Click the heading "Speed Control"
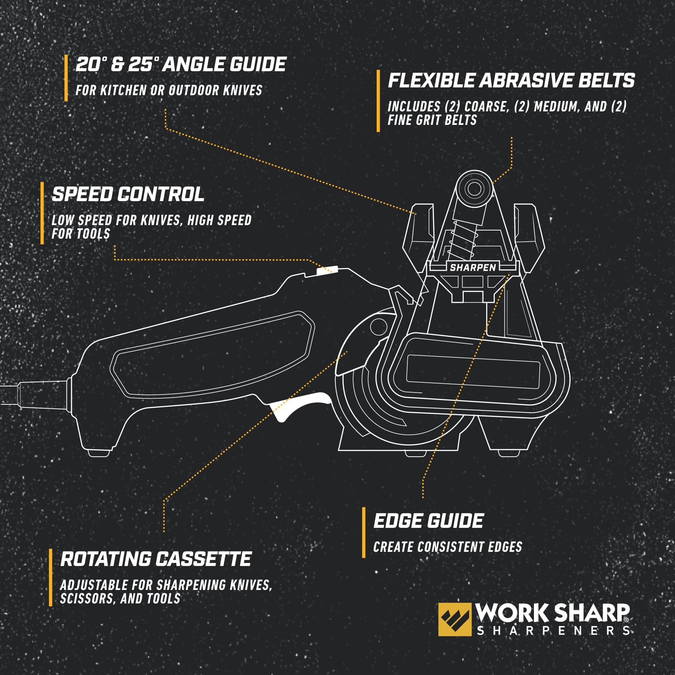[x=128, y=194]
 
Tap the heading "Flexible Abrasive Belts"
[x=511, y=81]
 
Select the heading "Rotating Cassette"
[x=156, y=559]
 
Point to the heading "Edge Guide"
[x=428, y=521]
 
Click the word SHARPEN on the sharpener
[x=473, y=268]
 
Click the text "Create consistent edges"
[x=448, y=547]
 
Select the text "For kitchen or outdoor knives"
[x=169, y=90]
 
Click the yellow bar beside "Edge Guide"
[x=364, y=533]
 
